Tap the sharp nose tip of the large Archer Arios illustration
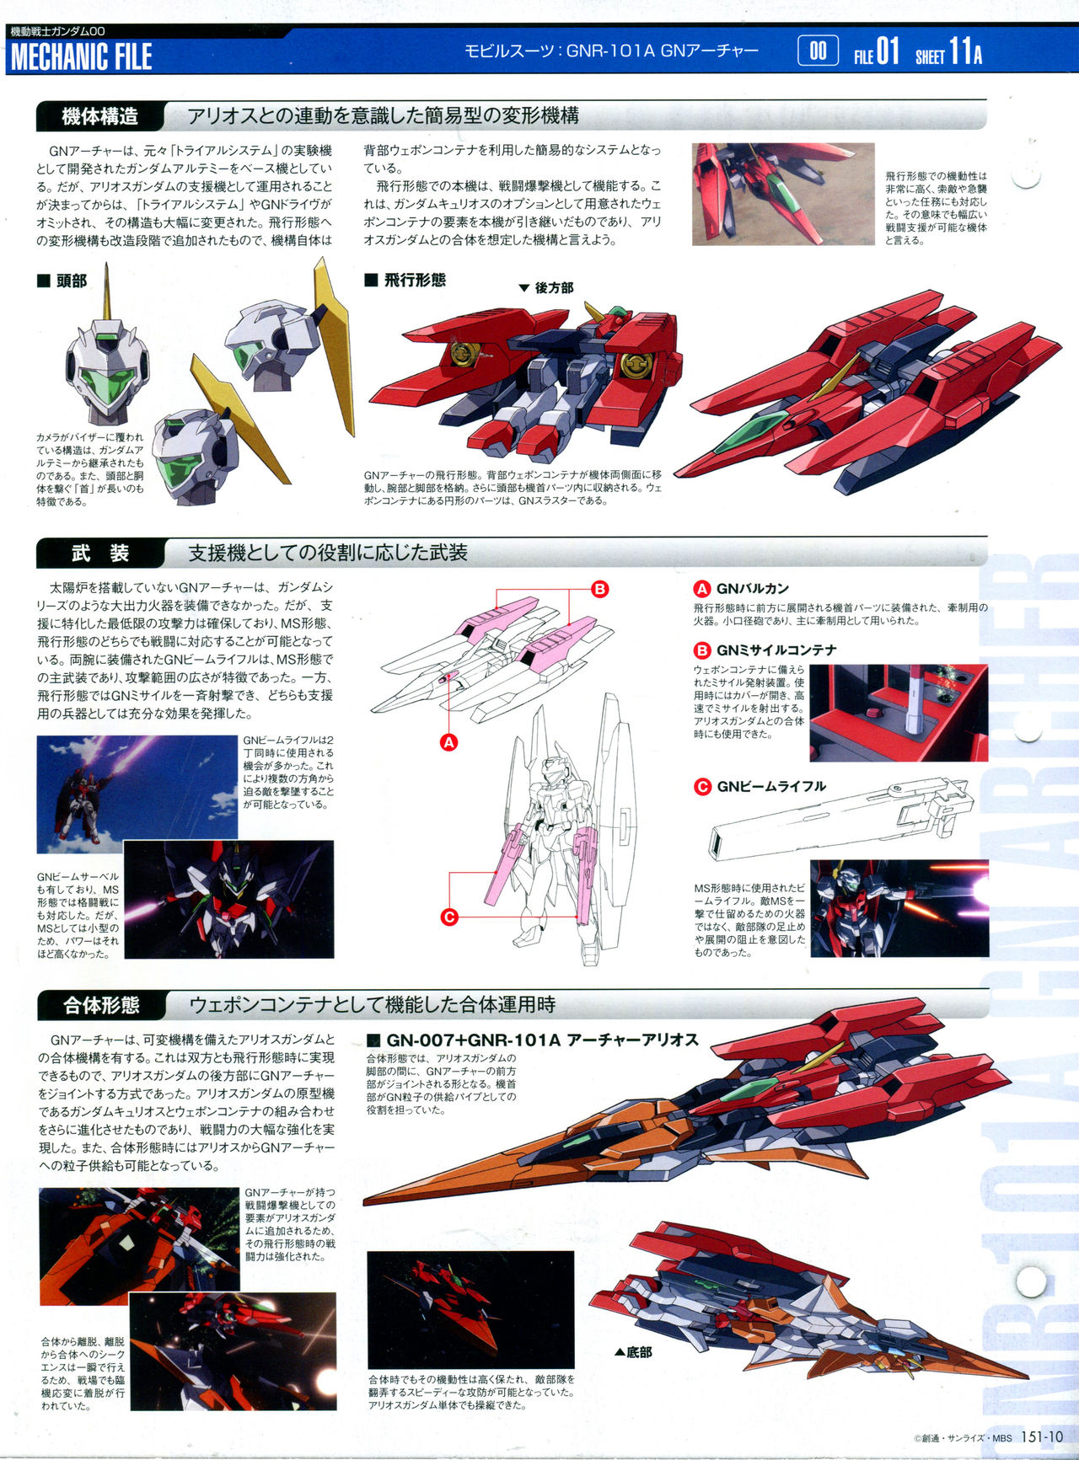tap(364, 1202)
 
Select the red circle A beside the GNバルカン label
tap(701, 589)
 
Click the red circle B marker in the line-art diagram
tap(599, 589)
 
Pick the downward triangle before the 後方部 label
tap(523, 288)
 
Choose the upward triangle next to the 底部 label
tap(620, 1352)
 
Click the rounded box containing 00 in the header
tap(818, 51)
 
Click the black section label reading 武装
tap(99, 554)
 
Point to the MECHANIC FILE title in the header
tap(81, 56)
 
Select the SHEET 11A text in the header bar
tap(948, 52)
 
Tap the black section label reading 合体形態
tap(101, 1005)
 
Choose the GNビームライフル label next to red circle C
tap(771, 786)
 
